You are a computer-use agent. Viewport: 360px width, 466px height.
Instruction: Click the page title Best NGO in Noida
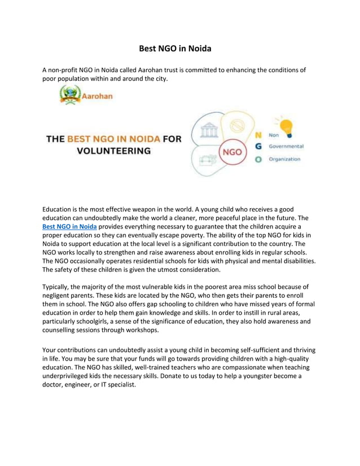pyautogui.click(x=175, y=49)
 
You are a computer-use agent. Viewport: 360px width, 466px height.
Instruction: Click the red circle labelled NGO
pyautogui.click(x=232, y=152)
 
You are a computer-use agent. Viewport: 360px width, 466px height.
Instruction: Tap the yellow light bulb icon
pyautogui.click(x=284, y=126)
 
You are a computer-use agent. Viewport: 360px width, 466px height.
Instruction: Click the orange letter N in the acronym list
pyautogui.click(x=258, y=135)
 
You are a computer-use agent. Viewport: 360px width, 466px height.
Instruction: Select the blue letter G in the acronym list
pyautogui.click(x=258, y=147)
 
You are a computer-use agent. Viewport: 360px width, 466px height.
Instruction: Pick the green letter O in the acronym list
pyautogui.click(x=258, y=159)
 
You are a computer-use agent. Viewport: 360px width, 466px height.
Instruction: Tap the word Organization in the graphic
pyautogui.click(x=284, y=159)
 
